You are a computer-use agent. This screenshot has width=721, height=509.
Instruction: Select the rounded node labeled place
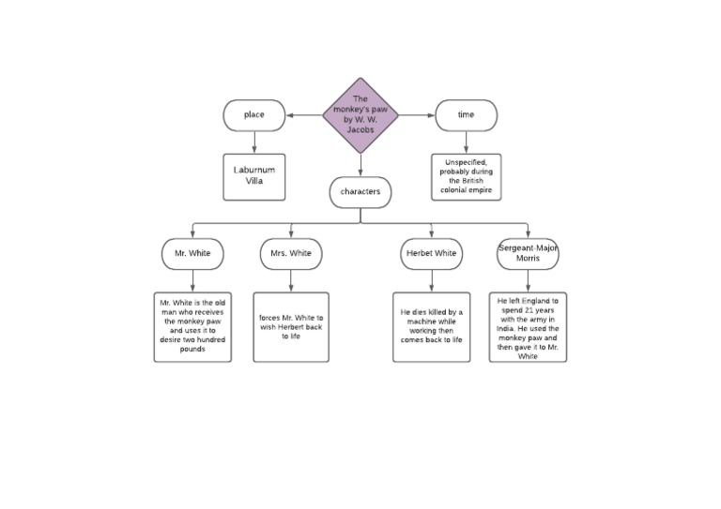click(254, 115)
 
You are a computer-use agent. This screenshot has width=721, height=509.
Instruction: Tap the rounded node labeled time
click(467, 115)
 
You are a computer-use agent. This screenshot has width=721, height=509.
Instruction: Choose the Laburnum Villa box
click(254, 176)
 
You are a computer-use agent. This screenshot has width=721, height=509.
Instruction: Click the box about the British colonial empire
click(467, 176)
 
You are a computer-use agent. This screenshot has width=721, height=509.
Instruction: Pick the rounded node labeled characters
click(360, 192)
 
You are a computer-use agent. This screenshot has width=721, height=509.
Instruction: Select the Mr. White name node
click(192, 253)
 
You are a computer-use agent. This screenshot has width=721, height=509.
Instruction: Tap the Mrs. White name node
click(291, 253)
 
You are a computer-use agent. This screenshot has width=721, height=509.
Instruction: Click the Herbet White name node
click(432, 253)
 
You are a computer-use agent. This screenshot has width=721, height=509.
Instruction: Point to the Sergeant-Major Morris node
click(528, 253)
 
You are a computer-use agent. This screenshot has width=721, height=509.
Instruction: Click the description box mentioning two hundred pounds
click(192, 327)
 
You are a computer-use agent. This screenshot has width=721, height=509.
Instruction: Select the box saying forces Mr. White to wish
click(291, 327)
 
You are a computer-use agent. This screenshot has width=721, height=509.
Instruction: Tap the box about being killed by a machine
click(432, 327)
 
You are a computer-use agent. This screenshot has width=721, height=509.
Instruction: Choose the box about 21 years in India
click(528, 327)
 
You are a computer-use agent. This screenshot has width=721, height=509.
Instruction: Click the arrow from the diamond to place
click(304, 115)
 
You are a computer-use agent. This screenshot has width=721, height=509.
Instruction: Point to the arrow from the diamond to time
click(417, 115)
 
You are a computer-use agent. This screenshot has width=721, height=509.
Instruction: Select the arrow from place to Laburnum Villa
click(254, 142)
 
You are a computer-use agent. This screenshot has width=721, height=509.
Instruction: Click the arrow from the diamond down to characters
click(360, 164)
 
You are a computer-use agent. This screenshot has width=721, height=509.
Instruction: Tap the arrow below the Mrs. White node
click(291, 280)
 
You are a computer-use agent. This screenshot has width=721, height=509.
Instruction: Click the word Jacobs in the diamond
click(360, 130)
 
